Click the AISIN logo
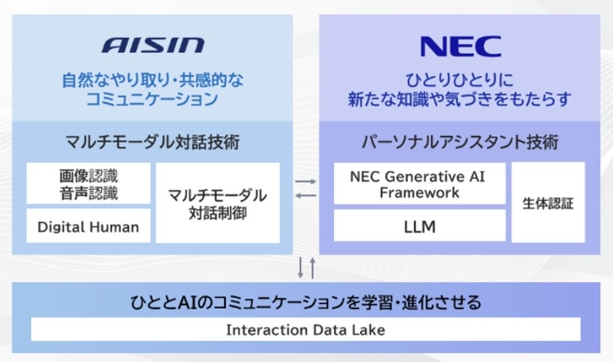(x=153, y=46)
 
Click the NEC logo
(x=460, y=46)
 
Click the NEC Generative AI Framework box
(x=420, y=184)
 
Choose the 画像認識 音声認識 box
(x=88, y=184)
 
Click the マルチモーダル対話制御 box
(x=218, y=203)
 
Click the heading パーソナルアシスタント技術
(x=460, y=143)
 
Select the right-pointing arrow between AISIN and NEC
(x=305, y=182)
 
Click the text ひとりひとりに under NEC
(x=460, y=77)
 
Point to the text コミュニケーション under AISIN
(x=152, y=99)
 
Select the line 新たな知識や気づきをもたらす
(x=460, y=99)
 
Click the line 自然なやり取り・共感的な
(x=152, y=78)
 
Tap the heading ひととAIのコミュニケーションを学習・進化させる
(x=305, y=302)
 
